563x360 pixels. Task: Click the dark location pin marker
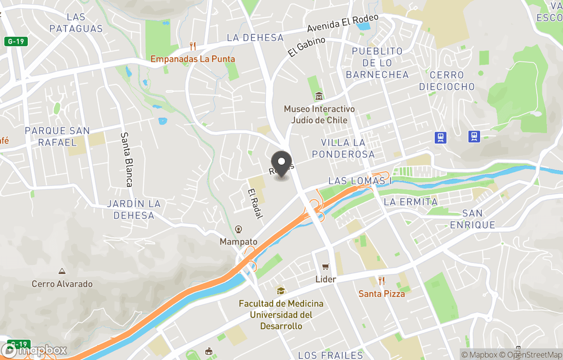[282, 164]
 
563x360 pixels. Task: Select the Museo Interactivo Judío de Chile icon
[319, 97]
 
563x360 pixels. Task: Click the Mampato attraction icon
[238, 229]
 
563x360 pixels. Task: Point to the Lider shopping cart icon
[325, 267]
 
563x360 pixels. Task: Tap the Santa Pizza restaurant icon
[382, 281]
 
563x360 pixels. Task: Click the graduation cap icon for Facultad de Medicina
[281, 291]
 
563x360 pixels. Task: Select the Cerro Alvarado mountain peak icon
[62, 271]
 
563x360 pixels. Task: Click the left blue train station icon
[441, 137]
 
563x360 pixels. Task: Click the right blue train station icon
[474, 137]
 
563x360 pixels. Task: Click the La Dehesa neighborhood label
[255, 38]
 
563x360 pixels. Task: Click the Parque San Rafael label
[57, 137]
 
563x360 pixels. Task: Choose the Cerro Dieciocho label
[447, 81]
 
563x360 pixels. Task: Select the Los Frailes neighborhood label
[331, 355]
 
